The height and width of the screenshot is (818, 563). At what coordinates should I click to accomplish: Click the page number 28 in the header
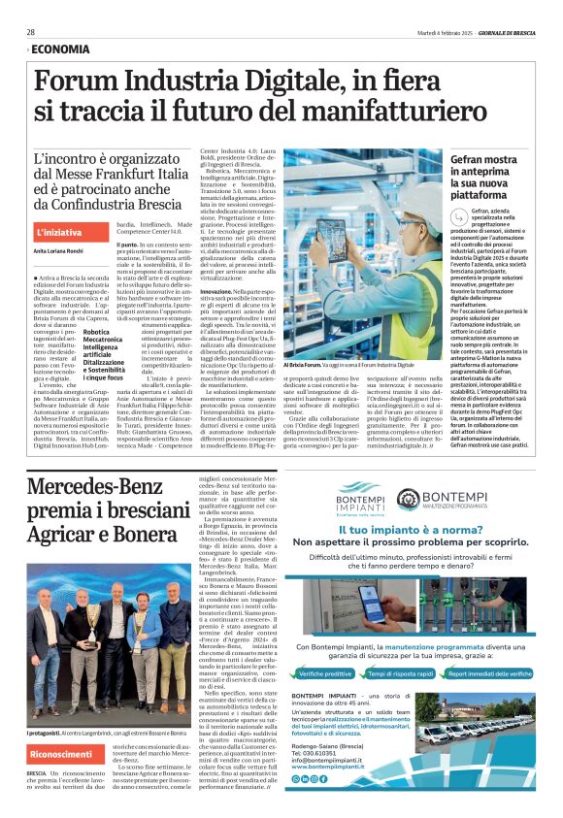coord(31,32)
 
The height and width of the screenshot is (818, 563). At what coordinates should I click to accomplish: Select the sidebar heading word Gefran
coord(472,159)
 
